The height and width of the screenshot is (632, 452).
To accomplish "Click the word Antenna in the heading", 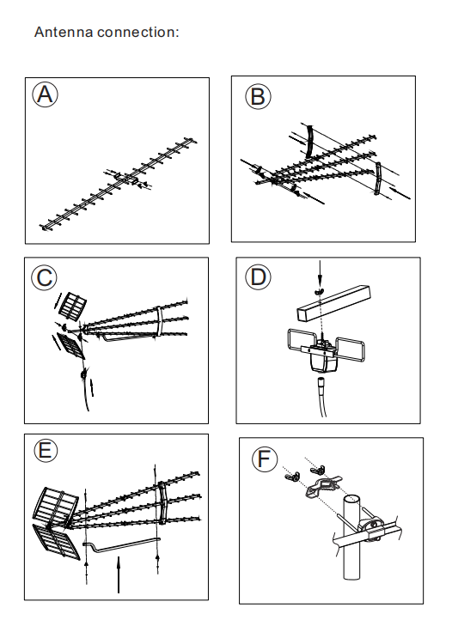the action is coord(64,32).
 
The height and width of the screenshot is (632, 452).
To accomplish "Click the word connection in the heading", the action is coord(136,32).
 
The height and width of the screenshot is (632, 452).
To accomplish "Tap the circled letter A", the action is coord(45,94).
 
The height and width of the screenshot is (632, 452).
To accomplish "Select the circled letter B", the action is coord(258,97).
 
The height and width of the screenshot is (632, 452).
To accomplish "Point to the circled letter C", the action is coord(45,277).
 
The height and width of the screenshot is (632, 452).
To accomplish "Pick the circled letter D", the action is coord(258,276).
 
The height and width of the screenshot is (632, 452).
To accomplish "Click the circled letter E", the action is coord(46,450).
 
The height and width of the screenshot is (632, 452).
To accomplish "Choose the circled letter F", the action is coord(265,459).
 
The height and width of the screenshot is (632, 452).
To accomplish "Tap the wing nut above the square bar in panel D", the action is coord(319,290).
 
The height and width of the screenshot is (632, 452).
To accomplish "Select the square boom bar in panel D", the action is coord(334,303).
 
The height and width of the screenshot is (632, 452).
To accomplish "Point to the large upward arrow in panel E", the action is coord(118,574).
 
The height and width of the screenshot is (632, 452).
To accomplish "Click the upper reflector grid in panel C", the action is coord(73,307).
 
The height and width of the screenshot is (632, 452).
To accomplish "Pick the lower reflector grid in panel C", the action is coord(71,345).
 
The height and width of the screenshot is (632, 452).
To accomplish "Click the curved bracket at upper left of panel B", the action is coord(308,142).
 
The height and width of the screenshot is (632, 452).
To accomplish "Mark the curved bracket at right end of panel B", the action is coord(378,179).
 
